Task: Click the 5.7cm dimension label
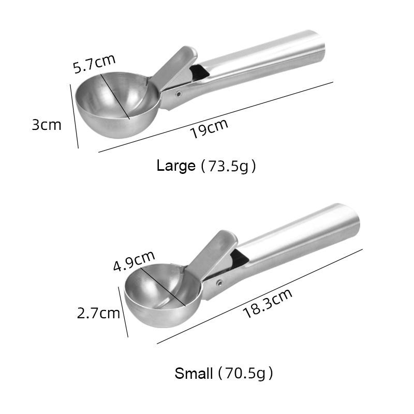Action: tap(94, 64)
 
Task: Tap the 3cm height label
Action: tap(47, 125)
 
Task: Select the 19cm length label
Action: tap(209, 128)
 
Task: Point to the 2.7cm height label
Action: tap(98, 313)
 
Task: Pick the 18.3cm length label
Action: tap(268, 303)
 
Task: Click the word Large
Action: tap(176, 166)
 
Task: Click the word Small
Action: tap(194, 373)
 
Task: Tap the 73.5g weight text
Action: tap(228, 166)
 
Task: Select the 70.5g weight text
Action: tap(245, 373)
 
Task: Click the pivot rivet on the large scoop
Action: tap(179, 94)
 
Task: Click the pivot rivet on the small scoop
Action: tap(219, 283)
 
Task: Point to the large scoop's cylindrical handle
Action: tap(269, 57)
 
